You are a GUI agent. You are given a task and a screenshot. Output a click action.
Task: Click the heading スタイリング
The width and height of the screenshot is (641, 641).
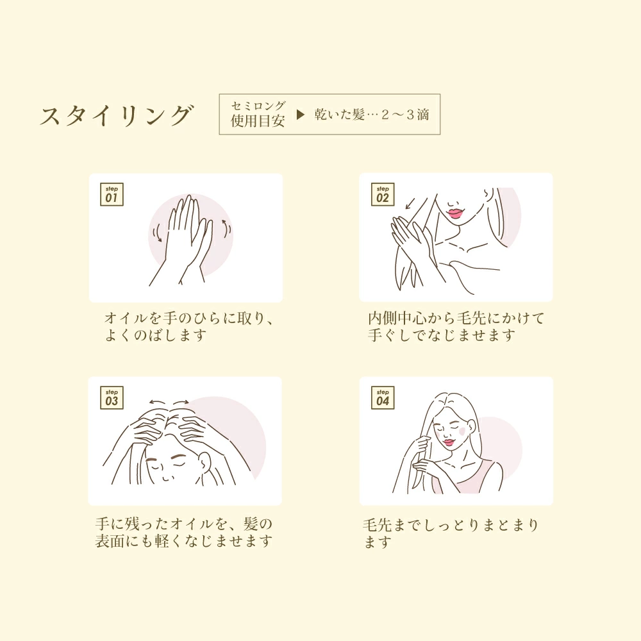[117, 115]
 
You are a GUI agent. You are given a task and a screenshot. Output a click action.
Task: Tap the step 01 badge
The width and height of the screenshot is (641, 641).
[112, 194]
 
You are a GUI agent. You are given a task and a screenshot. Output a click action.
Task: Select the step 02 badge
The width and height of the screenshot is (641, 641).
[383, 194]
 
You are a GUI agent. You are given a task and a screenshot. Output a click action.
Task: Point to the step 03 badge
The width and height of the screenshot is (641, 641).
[112, 397]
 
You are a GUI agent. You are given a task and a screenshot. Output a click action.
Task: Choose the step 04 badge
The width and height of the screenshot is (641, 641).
[383, 397]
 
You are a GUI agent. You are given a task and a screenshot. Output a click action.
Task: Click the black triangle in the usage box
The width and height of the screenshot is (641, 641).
[301, 115]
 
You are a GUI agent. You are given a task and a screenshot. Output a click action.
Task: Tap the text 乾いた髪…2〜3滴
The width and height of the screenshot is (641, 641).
[372, 115]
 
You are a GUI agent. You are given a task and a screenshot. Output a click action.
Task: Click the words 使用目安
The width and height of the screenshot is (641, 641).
[258, 121]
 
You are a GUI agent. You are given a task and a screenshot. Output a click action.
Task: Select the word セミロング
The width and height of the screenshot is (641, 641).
[258, 106]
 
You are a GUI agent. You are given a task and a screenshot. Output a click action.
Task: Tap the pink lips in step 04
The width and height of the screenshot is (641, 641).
[449, 442]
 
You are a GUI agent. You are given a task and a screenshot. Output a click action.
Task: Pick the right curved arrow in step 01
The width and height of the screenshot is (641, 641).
[227, 227]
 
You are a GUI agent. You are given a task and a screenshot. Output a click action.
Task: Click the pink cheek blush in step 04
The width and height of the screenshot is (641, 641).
[462, 431]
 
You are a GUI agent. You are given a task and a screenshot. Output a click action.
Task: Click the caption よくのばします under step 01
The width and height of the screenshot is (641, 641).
[155, 335]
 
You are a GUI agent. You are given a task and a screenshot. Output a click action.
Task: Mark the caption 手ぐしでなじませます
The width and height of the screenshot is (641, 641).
[442, 335]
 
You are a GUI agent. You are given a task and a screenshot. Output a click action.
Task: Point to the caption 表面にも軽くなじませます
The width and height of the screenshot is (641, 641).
[183, 541]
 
